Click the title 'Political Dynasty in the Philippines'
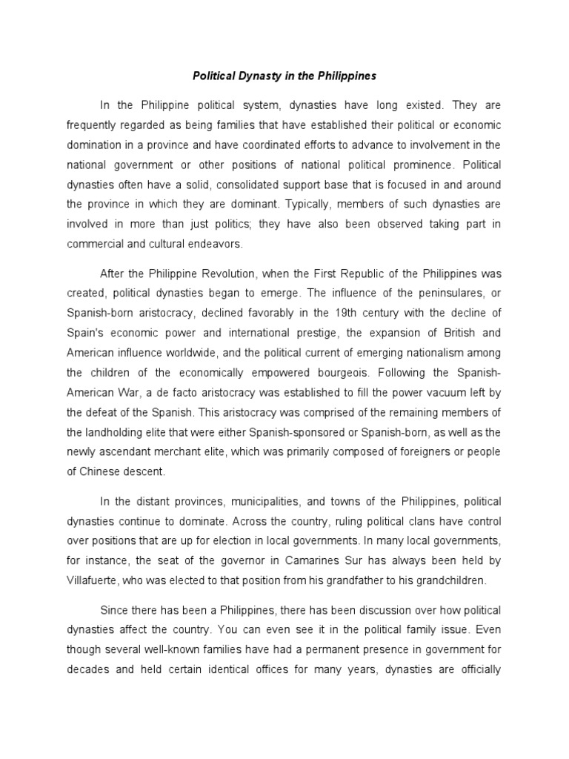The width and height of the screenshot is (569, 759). pos(284,76)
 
